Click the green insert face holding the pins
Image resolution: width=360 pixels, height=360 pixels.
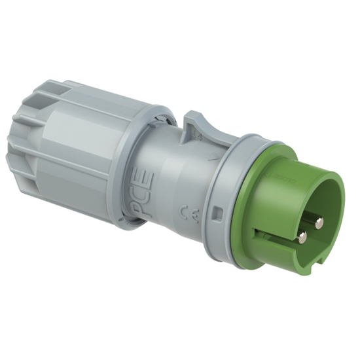tap(298, 209)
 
